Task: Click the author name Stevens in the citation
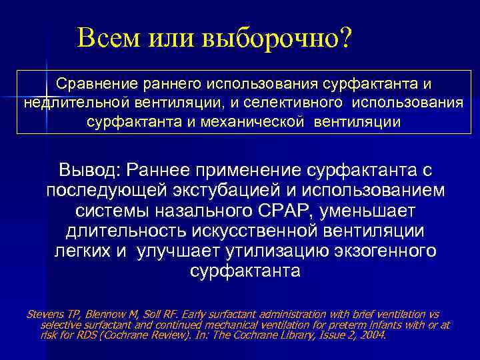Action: coord(42,314)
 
